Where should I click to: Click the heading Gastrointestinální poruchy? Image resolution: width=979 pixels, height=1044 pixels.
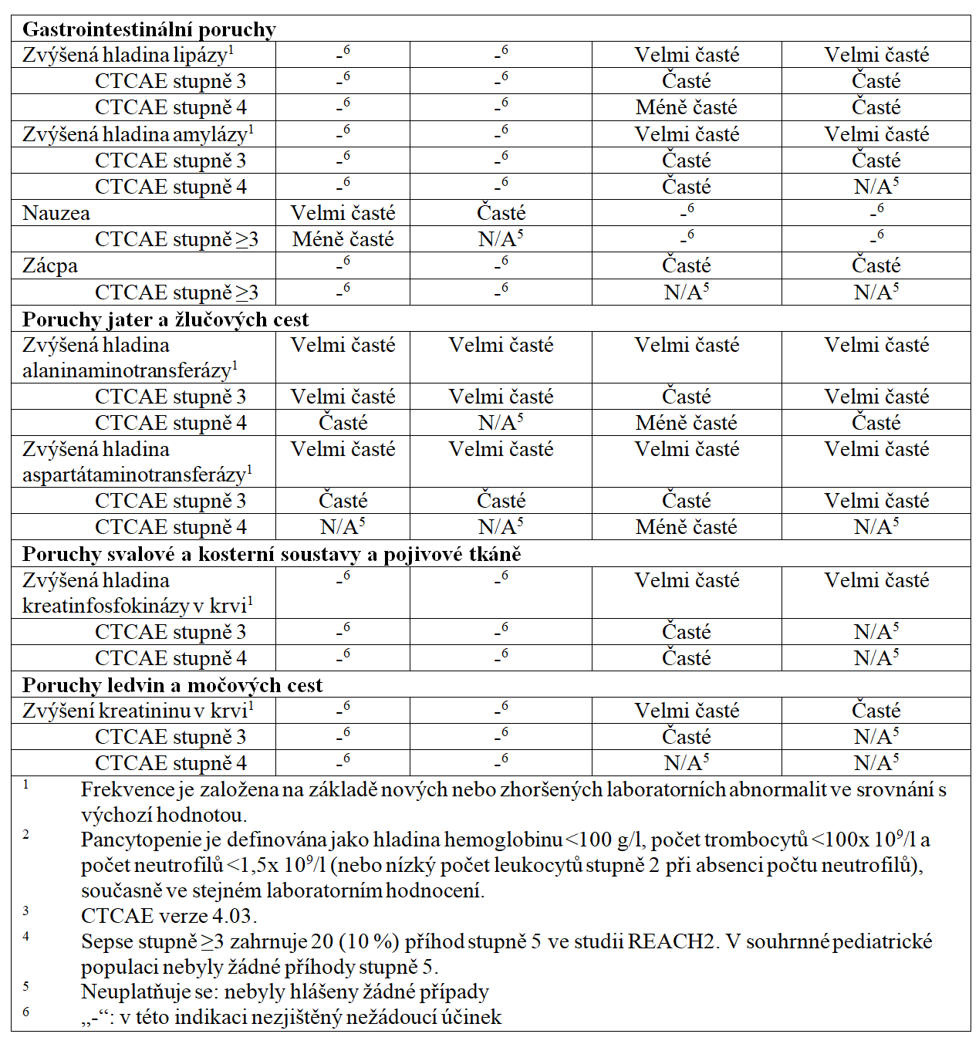click(x=149, y=29)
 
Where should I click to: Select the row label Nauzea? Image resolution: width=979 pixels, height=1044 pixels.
click(x=56, y=213)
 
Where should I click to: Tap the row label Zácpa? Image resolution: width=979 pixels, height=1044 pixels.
click(x=50, y=265)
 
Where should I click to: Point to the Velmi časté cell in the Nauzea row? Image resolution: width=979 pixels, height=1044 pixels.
click(x=343, y=213)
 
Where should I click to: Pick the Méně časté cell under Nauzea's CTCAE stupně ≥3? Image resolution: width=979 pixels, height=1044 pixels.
click(x=343, y=239)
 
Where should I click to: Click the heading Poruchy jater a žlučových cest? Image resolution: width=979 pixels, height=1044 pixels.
click(x=165, y=319)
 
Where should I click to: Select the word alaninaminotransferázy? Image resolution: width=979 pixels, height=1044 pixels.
click(x=127, y=371)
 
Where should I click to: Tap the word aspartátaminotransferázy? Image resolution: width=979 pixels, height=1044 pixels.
click(x=134, y=475)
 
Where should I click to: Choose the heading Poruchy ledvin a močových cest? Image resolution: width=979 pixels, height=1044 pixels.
click(x=172, y=685)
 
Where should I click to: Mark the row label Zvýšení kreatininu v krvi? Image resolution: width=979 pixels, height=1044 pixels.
click(x=135, y=711)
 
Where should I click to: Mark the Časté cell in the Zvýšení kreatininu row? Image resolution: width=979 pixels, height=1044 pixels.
click(x=876, y=711)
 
